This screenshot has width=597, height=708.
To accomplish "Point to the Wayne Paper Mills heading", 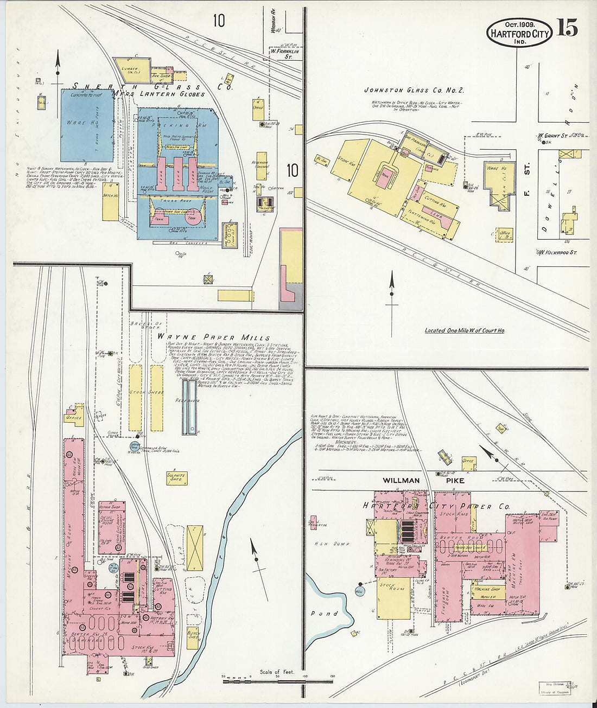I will (x=213, y=337).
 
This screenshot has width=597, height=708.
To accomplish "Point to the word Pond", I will (x=324, y=614).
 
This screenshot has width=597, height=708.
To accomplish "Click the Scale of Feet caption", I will (x=277, y=672).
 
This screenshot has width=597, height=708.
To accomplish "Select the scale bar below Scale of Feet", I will (x=277, y=681).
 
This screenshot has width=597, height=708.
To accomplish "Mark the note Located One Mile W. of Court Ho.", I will (x=465, y=330).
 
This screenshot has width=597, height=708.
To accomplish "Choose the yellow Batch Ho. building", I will (x=110, y=201).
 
